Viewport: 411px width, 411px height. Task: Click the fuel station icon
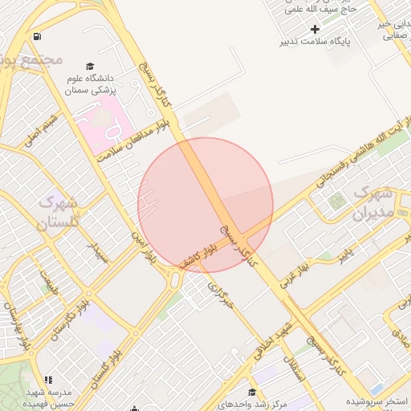pyautogui.click(x=38, y=37)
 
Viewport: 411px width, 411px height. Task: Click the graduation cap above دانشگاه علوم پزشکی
pyautogui.click(x=90, y=66)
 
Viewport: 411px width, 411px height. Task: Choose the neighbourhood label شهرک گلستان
pyautogui.click(x=57, y=211)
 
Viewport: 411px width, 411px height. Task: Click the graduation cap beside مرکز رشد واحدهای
pyautogui.click(x=253, y=393)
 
